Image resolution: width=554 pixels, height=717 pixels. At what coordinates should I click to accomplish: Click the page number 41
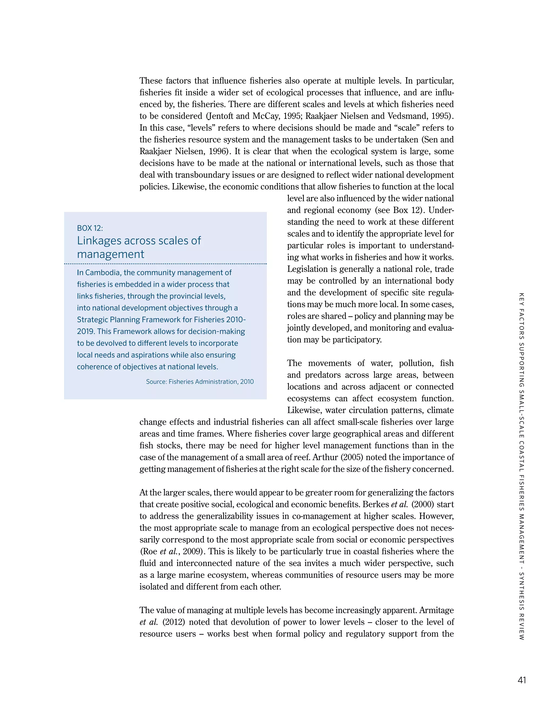click(522, 680)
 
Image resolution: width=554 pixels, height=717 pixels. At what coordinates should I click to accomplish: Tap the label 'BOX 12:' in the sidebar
click(90, 228)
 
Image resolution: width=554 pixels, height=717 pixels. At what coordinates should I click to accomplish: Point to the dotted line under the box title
click(165, 264)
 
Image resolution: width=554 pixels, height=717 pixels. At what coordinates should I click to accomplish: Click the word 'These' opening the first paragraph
click(151, 81)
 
